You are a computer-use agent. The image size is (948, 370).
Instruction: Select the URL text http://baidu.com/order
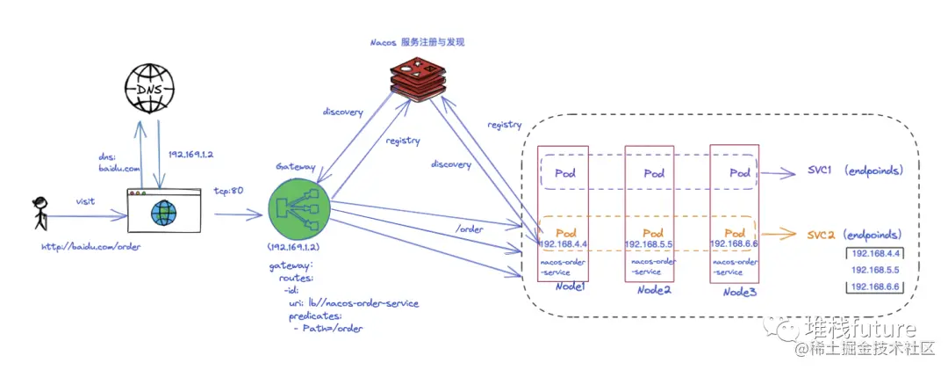pos(90,246)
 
